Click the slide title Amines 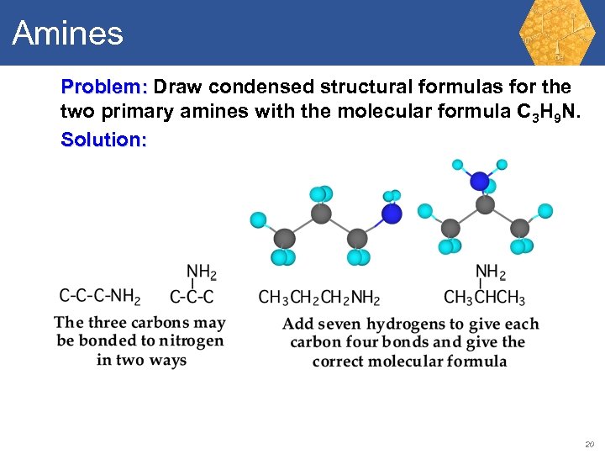(x=67, y=34)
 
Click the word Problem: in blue (x=104, y=87)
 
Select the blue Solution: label (x=103, y=140)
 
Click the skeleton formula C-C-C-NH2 (x=99, y=296)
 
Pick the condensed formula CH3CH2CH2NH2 (x=319, y=298)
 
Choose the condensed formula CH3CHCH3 (x=485, y=298)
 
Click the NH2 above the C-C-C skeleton (x=201, y=272)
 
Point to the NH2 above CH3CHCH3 (x=490, y=272)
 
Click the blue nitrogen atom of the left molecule (x=392, y=214)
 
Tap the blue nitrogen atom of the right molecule (x=480, y=181)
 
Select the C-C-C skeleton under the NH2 (x=192, y=297)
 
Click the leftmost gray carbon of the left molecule (x=286, y=239)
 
